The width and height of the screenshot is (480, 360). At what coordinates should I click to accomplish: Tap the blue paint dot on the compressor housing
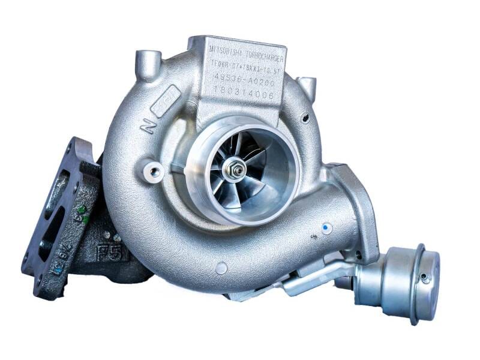click(x=326, y=228)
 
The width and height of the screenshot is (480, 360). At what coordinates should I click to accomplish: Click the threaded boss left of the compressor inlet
click(x=155, y=173)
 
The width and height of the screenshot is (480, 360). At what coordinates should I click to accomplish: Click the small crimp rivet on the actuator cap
click(x=425, y=277)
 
